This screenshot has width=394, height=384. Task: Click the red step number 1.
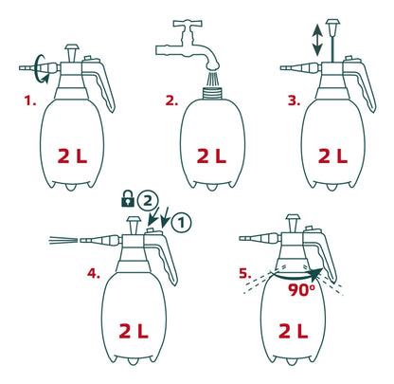pyautogui.click(x=30, y=101)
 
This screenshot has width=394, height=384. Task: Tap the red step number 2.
pyautogui.click(x=171, y=101)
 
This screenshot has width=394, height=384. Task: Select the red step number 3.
pyautogui.click(x=294, y=101)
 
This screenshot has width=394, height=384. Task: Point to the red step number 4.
pyautogui.click(x=94, y=273)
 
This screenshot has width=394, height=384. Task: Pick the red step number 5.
pyautogui.click(x=245, y=273)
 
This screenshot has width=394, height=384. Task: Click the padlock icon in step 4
pyautogui.click(x=128, y=199)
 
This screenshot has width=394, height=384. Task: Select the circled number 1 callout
pyautogui.click(x=181, y=223)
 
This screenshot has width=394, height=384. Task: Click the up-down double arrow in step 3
pyautogui.click(x=317, y=41)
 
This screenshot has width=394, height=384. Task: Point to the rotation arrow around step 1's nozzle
pyautogui.click(x=41, y=69)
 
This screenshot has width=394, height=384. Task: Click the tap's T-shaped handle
pyautogui.click(x=188, y=23)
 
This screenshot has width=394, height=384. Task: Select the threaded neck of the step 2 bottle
pyautogui.click(x=212, y=93)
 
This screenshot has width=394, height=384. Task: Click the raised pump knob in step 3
pyautogui.click(x=332, y=25)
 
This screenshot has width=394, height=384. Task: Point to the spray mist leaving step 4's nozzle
pyautogui.click(x=63, y=240)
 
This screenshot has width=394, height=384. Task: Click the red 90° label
pyautogui.click(x=302, y=290)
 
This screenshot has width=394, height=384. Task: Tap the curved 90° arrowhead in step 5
pyautogui.click(x=316, y=274)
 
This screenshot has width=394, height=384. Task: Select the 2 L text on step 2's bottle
pyautogui.click(x=211, y=156)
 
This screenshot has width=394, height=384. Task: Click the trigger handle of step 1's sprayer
pyautogui.click(x=101, y=83)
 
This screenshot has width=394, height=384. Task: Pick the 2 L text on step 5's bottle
pyautogui.click(x=294, y=331)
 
